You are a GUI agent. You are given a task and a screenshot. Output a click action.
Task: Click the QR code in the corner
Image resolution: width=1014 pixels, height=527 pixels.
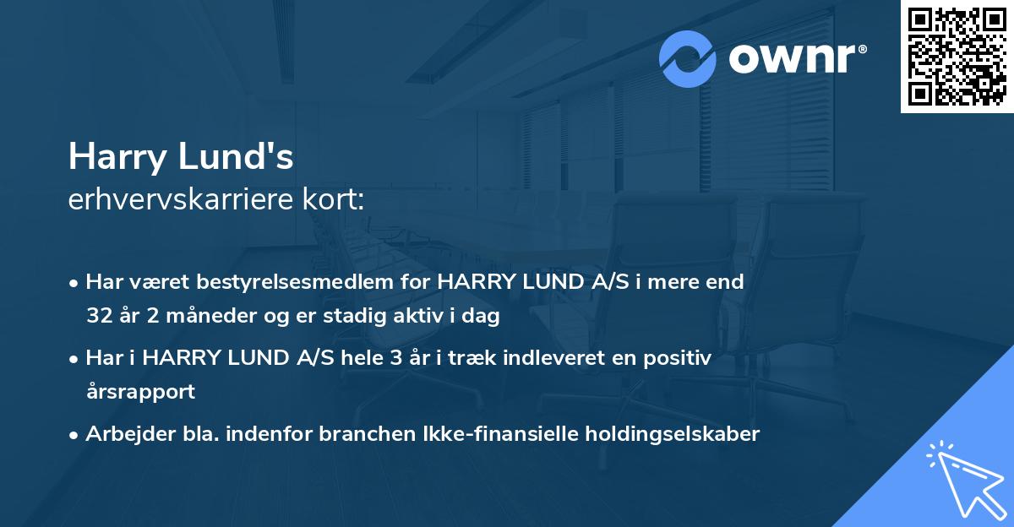tap(957, 57)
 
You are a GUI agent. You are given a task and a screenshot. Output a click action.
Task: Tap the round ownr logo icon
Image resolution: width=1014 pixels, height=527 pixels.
tap(688, 58)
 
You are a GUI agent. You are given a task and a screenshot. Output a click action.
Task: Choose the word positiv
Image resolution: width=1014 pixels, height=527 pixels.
tap(680, 358)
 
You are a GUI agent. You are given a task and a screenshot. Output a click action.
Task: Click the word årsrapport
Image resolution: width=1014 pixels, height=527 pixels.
tap(140, 392)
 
